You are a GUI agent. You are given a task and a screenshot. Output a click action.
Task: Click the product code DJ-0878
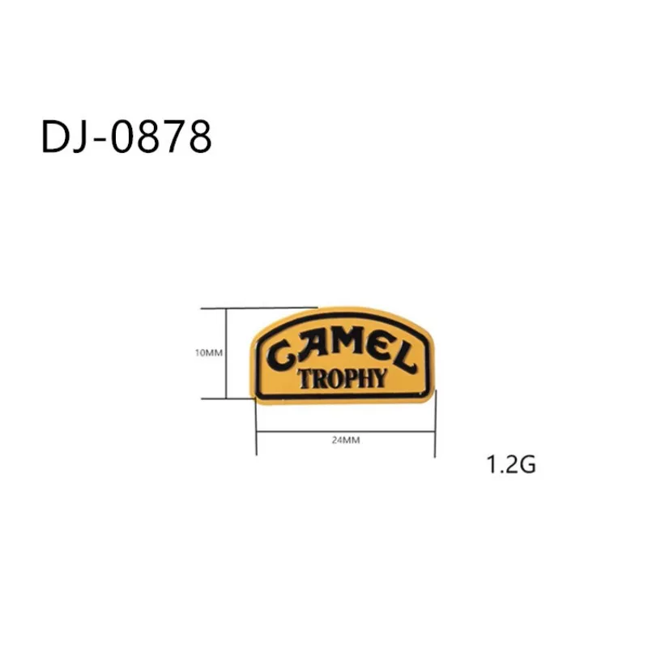(126, 138)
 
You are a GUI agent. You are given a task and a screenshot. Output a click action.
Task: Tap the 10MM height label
(208, 353)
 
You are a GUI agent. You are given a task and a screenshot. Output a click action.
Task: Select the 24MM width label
(346, 441)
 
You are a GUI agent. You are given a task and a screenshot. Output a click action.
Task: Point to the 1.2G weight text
(511, 466)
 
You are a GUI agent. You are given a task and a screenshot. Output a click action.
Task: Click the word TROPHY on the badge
(343, 377)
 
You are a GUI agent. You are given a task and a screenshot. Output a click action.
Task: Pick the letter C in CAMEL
(281, 353)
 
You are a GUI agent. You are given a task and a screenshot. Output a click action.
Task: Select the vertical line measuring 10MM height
(226, 353)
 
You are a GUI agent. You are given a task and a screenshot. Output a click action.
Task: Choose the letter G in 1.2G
(526, 466)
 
